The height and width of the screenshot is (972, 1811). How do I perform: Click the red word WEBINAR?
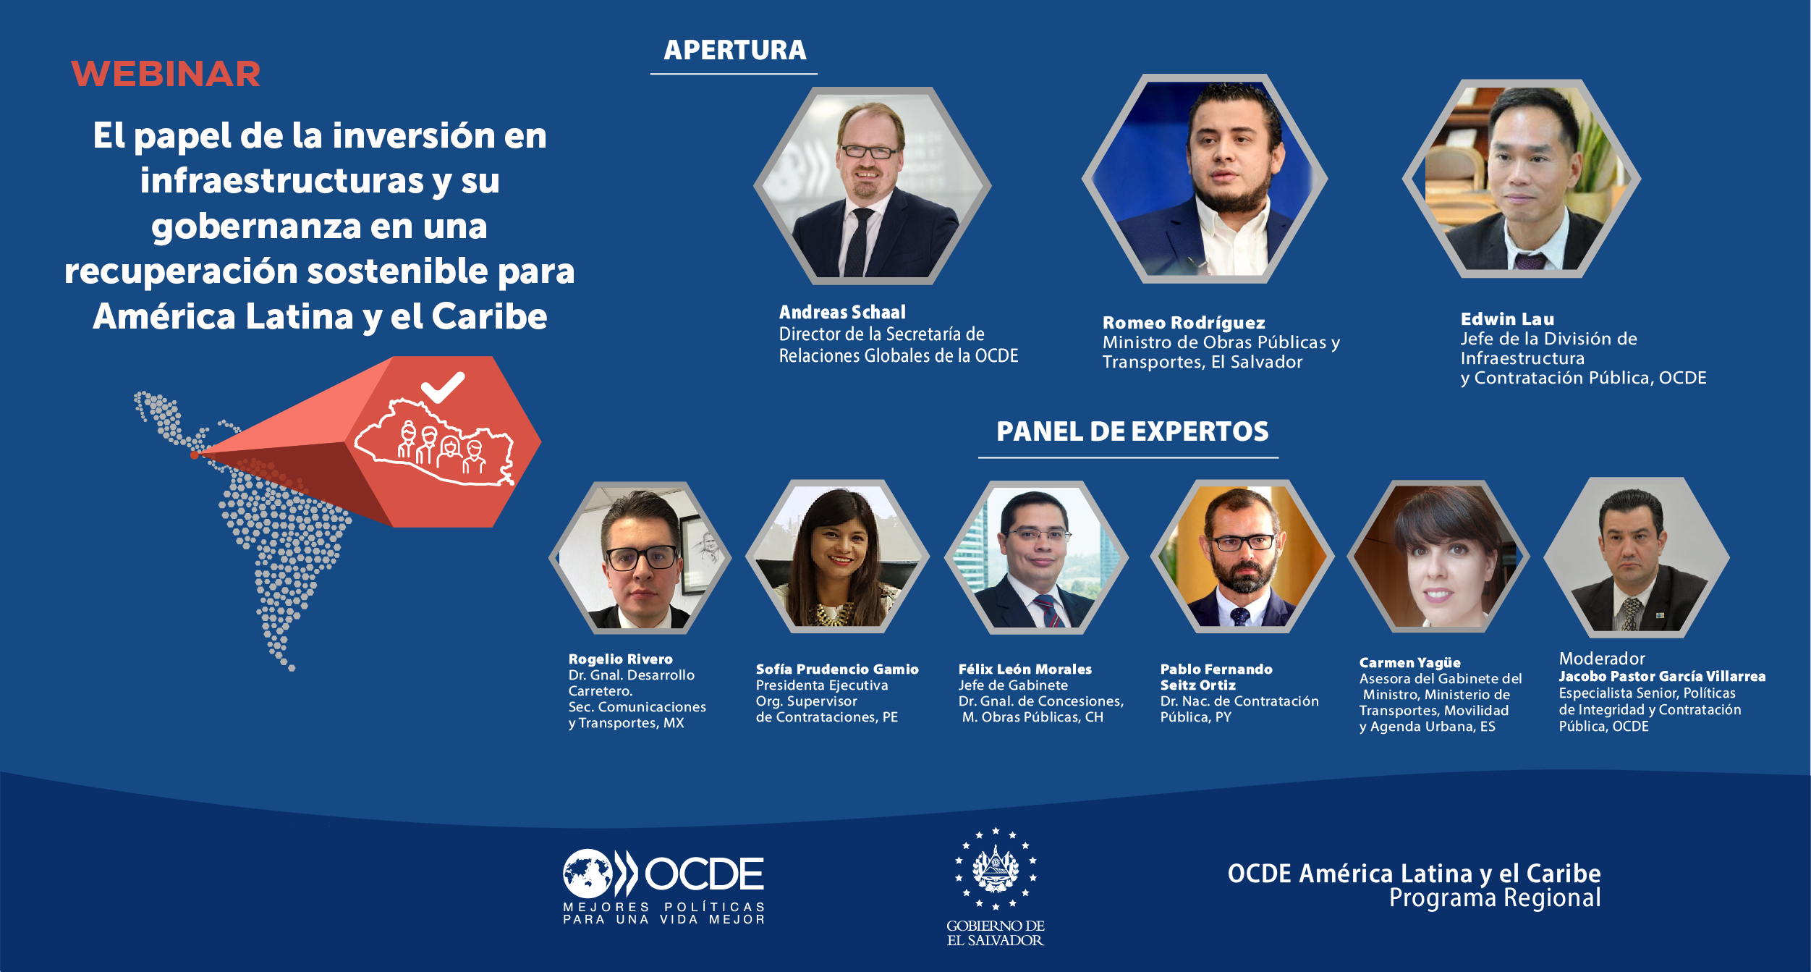(x=166, y=74)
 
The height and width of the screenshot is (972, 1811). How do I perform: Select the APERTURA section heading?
(x=734, y=50)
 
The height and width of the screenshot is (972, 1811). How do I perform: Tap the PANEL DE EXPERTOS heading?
(x=1132, y=431)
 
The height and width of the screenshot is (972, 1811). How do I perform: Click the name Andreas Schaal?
(x=842, y=312)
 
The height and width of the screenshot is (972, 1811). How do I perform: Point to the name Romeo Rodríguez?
(x=1184, y=323)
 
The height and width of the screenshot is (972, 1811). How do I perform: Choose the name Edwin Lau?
(x=1507, y=319)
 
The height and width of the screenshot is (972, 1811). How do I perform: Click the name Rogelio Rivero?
(x=620, y=659)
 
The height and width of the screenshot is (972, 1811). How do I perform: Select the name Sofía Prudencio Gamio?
(x=837, y=669)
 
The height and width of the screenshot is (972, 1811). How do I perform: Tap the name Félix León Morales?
(x=1025, y=669)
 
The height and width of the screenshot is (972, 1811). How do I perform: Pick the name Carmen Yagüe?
(x=1409, y=663)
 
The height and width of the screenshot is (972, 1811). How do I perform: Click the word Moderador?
(x=1602, y=659)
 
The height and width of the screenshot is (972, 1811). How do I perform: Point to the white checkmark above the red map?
(x=443, y=387)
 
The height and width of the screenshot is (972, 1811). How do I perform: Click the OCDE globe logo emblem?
(x=588, y=874)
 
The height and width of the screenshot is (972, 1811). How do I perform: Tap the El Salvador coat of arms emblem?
(x=996, y=869)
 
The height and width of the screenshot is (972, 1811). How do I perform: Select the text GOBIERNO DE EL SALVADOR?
(x=996, y=933)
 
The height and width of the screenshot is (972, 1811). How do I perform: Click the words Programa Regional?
(x=1495, y=898)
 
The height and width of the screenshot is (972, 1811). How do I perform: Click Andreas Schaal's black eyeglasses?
(x=869, y=151)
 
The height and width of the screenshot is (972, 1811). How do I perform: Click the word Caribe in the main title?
(x=489, y=316)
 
